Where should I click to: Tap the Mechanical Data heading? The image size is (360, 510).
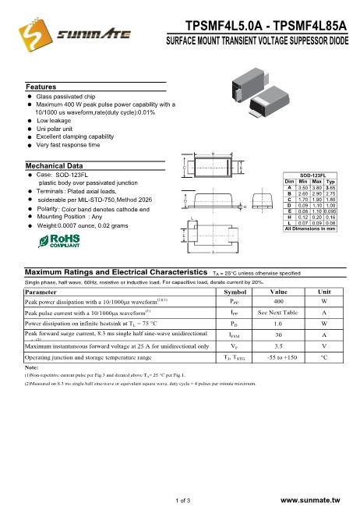pos(55,166)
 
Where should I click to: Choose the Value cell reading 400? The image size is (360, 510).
pos(278,300)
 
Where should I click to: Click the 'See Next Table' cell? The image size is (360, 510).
pos(278,312)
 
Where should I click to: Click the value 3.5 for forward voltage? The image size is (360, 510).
pos(278,345)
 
